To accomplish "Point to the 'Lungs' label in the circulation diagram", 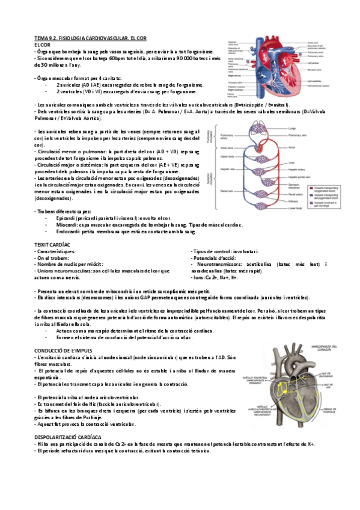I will tap(292, 128).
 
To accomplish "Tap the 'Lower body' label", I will tap(295, 208).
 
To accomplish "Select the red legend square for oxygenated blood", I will tap(309, 188).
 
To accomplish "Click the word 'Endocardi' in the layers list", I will tap(66, 231).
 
